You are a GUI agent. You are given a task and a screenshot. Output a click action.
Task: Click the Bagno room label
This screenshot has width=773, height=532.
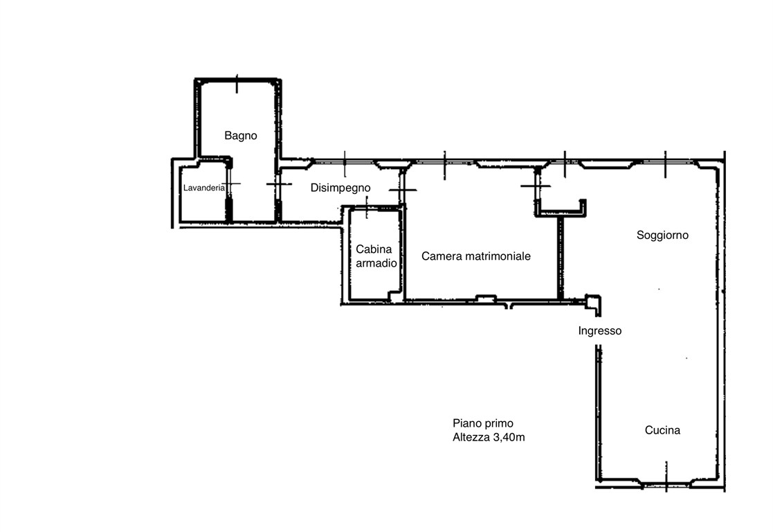coord(241,136)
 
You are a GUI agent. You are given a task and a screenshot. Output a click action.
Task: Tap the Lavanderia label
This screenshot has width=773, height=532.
coord(203,188)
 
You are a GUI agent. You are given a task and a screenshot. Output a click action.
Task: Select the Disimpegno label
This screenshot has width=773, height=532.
coord(340,188)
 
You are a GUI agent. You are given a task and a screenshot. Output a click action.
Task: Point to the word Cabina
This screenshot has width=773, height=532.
coord(374,249)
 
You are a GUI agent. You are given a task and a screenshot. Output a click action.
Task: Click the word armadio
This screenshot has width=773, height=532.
coord(376,263)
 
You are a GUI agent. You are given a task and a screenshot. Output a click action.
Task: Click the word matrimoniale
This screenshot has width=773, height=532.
coord(496,256)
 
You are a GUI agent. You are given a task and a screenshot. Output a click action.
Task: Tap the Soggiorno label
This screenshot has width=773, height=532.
coord(662,236)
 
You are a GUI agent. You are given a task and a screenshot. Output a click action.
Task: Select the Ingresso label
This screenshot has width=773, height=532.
coord(599,331)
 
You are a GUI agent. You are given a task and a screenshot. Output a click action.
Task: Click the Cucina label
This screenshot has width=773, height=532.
coord(662,430)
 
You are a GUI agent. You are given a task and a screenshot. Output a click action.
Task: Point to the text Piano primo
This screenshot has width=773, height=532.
coord(482,423)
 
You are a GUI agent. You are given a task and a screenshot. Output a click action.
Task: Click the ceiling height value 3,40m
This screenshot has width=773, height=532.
coord(509,437)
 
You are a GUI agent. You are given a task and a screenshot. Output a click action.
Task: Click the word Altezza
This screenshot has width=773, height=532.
coord(471,437)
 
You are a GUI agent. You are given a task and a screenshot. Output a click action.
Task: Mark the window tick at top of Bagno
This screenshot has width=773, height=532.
coord(237,84)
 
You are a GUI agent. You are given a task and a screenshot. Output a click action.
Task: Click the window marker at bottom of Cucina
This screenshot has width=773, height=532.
coord(666,477)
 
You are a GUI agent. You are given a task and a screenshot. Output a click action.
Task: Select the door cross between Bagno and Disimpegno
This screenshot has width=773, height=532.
coord(278,184)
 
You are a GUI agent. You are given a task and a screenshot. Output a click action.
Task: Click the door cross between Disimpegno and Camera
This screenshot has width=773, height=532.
coord(403,190)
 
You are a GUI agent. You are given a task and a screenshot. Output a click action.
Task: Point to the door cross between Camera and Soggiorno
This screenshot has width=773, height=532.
coord(536,186)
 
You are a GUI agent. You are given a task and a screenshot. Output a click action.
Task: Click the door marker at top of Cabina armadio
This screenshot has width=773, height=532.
coord(367,207)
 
